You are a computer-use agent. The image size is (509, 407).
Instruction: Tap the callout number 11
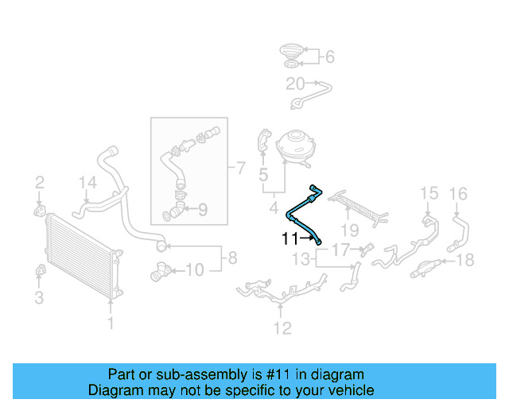coord(288,238)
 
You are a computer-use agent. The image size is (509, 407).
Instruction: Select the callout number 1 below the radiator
coord(111,324)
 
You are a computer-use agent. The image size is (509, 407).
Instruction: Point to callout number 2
coord(38,184)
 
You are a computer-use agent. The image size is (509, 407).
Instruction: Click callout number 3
coord(38,299)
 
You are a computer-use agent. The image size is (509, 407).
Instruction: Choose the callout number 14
coord(87,184)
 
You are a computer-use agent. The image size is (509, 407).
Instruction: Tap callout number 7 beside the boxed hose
coord(239,168)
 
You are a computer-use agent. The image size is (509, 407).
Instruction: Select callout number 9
coord(202,211)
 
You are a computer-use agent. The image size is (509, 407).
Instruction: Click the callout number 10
coord(195,270)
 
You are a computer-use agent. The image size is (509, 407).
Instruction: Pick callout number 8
coord(232,258)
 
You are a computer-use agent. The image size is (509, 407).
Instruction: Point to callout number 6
coord(329,56)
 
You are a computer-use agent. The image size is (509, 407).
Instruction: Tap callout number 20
coord(295,83)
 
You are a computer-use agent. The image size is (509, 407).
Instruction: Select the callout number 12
coord(282,328)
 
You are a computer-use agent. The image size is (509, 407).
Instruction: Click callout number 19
coord(349,231)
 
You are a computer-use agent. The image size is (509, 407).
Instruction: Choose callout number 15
coord(429,193)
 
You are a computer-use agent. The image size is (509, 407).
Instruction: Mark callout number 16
coord(459,193)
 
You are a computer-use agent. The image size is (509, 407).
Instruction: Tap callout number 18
coord(466,259)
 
